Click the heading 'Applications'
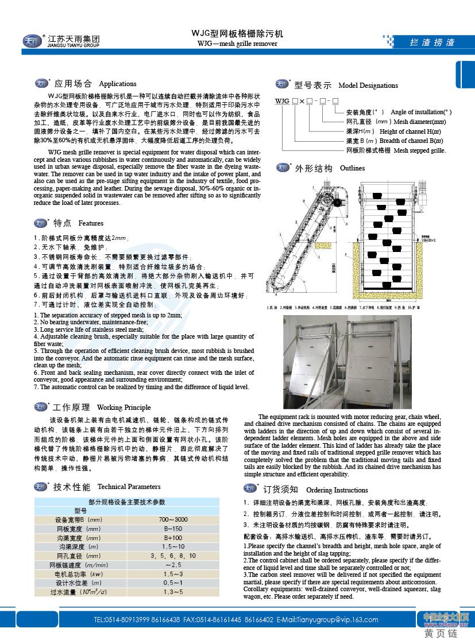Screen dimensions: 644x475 click(x=117, y=84)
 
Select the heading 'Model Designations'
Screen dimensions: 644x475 click(x=368, y=86)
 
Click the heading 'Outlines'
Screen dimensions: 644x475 click(x=352, y=169)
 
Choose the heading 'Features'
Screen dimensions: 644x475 click(x=91, y=223)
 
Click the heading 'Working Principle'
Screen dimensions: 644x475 click(x=123, y=408)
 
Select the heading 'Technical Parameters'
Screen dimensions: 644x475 click(x=129, y=487)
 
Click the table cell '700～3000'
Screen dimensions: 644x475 click(x=173, y=519)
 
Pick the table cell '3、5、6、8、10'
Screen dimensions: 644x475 click(x=173, y=556)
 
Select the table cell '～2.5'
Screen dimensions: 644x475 click(x=173, y=565)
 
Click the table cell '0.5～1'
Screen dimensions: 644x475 click(x=173, y=583)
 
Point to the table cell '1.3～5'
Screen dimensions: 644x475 click(x=173, y=592)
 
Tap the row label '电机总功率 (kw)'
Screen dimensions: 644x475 click(x=79, y=574)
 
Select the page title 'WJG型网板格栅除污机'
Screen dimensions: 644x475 click(x=237, y=34)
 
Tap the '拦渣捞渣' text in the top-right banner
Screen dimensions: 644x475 click(x=432, y=42)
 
